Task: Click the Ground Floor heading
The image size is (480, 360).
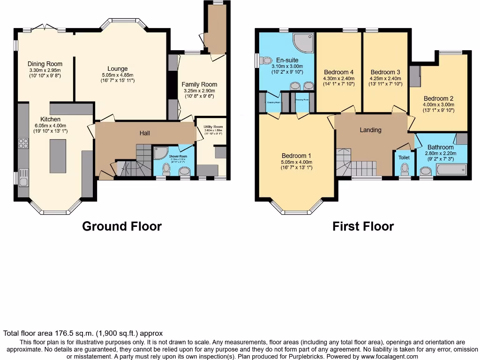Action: click(122, 226)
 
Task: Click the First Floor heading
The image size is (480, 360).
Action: click(363, 226)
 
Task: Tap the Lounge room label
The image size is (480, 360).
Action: click(117, 69)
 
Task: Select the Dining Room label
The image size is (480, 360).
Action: click(45, 64)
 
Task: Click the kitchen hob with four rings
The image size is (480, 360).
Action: click(23, 143)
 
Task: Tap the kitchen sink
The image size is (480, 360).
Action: click(23, 178)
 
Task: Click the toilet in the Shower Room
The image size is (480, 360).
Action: click(166, 168)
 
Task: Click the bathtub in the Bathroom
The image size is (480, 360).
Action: click(451, 169)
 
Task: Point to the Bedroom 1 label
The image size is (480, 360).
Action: click(296, 156)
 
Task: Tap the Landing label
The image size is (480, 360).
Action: click(370, 130)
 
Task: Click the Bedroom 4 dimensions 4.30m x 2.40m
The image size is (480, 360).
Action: click(339, 78)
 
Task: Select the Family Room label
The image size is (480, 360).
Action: click(199, 84)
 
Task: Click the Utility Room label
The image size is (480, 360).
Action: click(212, 127)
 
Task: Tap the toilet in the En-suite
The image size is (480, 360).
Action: click(266, 60)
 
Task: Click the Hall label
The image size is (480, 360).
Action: click(145, 134)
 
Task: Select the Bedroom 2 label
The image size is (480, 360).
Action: click(438, 98)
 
